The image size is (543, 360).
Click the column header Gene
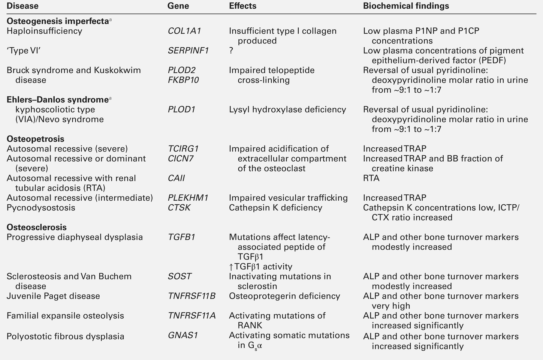pos(178,6)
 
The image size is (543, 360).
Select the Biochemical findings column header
pos(406,6)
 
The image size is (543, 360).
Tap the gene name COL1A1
pos(184,31)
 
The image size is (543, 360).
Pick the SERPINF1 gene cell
pos(188,51)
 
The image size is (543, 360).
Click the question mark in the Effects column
pos(231,51)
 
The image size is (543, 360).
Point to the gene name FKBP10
pos(183,80)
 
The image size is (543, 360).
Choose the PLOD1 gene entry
pos(182,109)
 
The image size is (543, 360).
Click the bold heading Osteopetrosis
pos(36,139)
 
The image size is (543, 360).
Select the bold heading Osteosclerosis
pos(37,227)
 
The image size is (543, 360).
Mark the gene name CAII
pos(177,178)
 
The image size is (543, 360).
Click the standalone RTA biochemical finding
pos(371,178)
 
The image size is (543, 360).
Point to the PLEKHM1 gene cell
pos(188,198)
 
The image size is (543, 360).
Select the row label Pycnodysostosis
pos(41,208)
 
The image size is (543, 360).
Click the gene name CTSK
pos(179,208)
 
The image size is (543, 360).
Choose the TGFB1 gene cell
pos(181,237)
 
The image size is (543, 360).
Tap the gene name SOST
pos(180,276)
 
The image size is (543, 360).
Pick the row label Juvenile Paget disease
pos(53,296)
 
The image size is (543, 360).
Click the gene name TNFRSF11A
pos(192,316)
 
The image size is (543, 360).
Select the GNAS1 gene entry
pos(182,335)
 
